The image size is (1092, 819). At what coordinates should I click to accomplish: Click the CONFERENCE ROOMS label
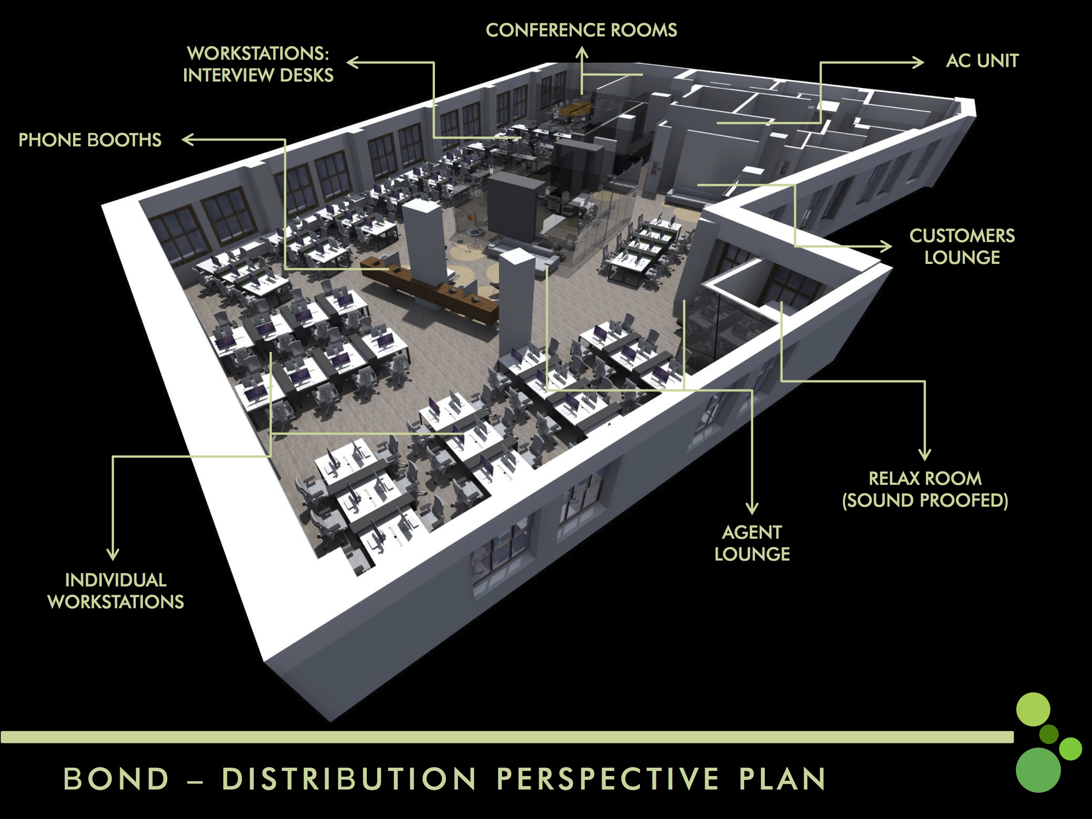coord(581,30)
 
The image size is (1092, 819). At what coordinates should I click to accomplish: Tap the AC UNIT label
coord(982,61)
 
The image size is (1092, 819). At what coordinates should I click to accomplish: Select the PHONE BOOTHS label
coord(90,140)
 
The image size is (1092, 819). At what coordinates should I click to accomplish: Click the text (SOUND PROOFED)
coord(925,500)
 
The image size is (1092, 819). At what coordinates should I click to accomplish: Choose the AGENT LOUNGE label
coord(752,543)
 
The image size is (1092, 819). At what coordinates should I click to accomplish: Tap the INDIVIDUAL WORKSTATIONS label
coord(115,591)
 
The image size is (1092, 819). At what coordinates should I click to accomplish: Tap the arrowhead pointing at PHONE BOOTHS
coord(187,140)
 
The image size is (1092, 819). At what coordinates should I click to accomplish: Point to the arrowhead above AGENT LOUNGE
coord(752,509)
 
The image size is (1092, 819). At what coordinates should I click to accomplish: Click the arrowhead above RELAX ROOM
coord(925,455)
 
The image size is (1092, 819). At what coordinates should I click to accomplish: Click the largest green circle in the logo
coord(1038,769)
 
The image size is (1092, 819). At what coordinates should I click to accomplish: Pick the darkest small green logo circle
coord(1049,734)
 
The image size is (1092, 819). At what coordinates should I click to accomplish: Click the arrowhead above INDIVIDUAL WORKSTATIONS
coord(113,555)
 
